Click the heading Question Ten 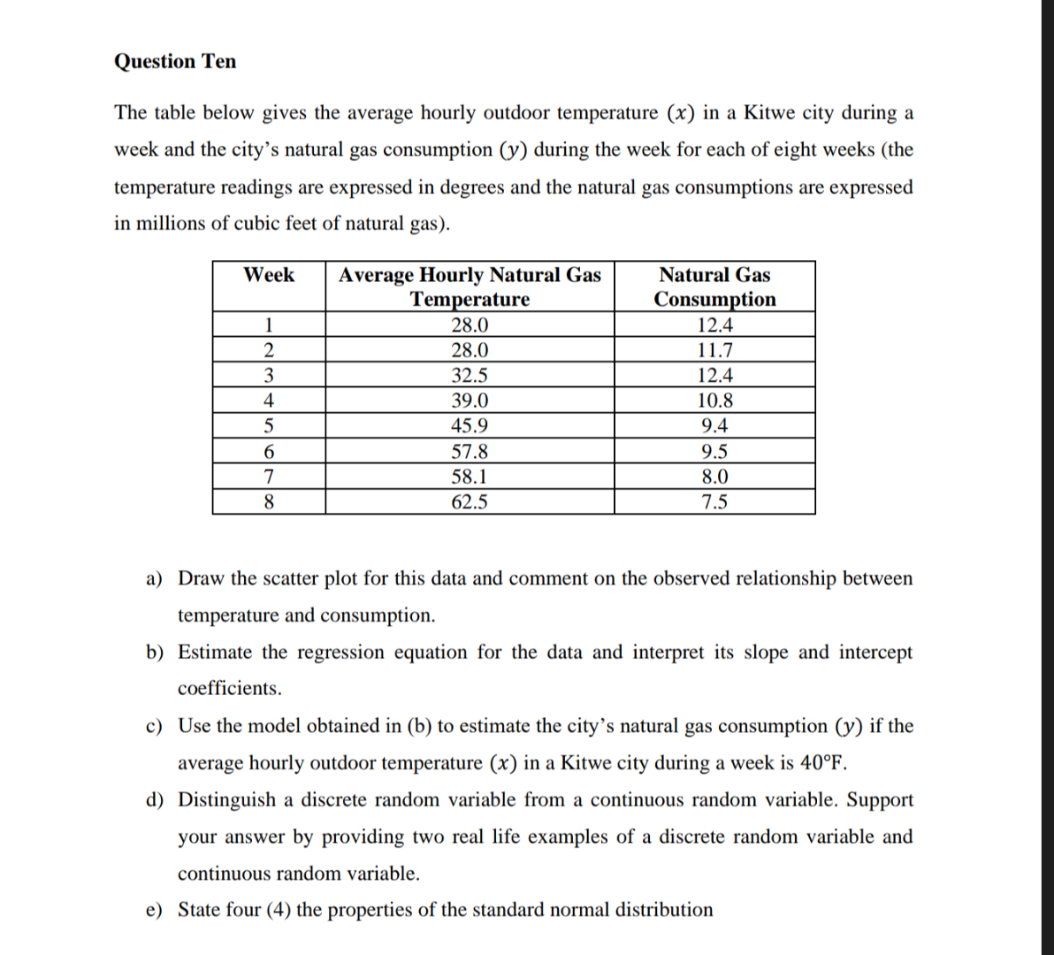coord(175,61)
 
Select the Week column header coord(269,275)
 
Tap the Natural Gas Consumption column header coord(714,286)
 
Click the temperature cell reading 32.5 coord(470,375)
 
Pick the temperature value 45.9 coord(470,425)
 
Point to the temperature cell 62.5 coord(470,502)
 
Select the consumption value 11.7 coord(714,350)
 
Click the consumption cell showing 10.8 coord(714,401)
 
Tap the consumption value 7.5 coord(714,502)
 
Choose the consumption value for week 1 coord(714,325)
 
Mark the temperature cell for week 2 coord(470,350)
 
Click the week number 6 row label coord(269,452)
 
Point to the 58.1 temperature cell coord(470,477)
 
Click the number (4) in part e coord(279,910)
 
